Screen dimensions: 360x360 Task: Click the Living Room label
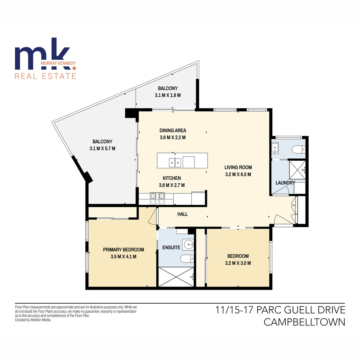click(x=238, y=167)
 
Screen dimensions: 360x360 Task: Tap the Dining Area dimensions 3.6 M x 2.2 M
click(x=172, y=137)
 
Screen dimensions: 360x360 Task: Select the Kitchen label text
click(x=172, y=178)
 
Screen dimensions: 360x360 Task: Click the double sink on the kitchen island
click(x=175, y=163)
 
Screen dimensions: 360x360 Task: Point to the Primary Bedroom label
click(x=124, y=250)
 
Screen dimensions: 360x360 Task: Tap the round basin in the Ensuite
click(x=189, y=244)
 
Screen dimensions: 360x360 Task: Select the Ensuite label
click(x=171, y=247)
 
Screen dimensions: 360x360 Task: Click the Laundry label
click(x=285, y=183)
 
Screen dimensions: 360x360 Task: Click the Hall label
click(x=182, y=214)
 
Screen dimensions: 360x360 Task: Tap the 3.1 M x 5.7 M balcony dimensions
click(x=102, y=148)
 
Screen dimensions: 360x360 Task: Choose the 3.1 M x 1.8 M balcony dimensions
click(x=168, y=95)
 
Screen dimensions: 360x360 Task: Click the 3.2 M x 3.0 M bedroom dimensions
click(x=238, y=263)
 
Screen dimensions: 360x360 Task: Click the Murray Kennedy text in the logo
click(x=58, y=63)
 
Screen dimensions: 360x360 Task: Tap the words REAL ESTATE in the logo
click(x=45, y=76)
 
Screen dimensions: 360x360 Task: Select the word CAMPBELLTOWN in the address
click(x=304, y=322)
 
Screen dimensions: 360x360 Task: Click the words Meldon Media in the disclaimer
click(x=43, y=320)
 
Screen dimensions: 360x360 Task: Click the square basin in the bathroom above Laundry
click(x=275, y=148)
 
